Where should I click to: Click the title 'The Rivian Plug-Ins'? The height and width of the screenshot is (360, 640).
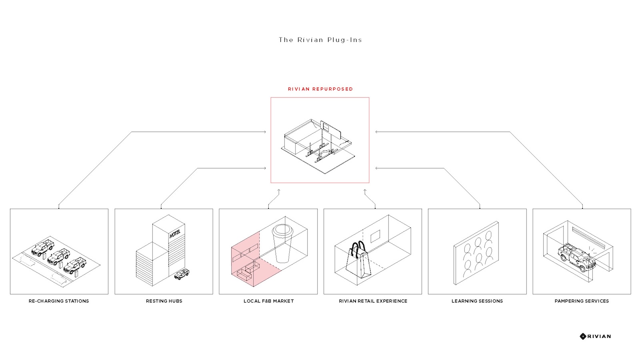[320, 40]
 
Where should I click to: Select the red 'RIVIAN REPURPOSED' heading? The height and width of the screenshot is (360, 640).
[320, 89]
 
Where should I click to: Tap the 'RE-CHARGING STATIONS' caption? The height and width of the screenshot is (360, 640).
[59, 301]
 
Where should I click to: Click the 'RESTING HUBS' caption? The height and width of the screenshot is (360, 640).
[164, 301]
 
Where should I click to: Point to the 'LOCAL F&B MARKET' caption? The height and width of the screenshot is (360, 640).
[268, 301]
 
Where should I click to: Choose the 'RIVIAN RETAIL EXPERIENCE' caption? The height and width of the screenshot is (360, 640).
[373, 301]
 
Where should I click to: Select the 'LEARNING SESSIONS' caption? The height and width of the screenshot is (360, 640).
[477, 301]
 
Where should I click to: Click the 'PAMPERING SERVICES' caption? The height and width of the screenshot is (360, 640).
[582, 301]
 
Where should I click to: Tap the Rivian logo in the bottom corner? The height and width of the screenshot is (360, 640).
[595, 336]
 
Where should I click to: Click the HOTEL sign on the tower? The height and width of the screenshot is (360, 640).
[175, 233]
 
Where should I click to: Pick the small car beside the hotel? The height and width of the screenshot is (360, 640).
[182, 274]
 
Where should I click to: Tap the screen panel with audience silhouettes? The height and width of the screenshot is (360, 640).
[476, 253]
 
